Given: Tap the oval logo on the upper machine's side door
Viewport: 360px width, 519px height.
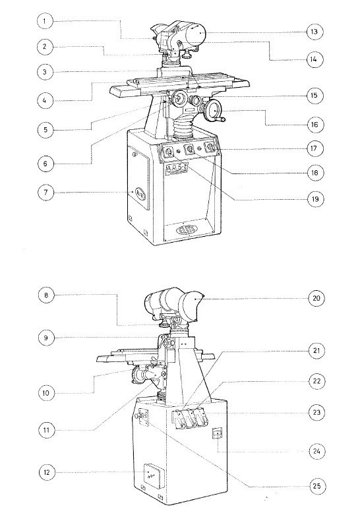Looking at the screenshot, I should point(139,193).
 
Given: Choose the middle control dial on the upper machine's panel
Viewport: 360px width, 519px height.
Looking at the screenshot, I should point(191,150).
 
